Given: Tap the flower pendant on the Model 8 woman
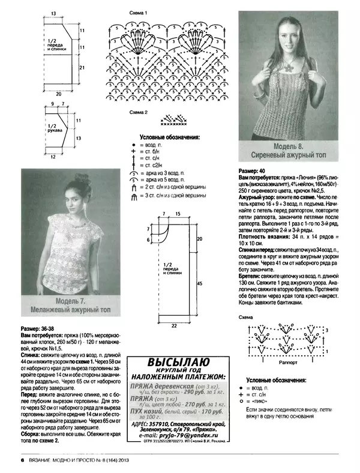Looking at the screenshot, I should [x=280, y=78].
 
